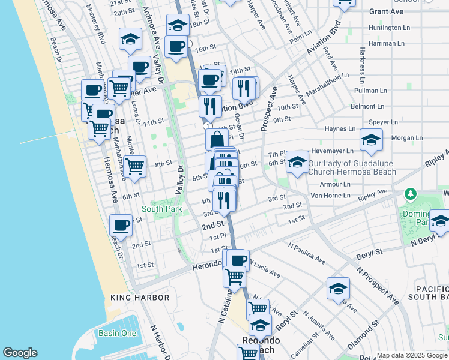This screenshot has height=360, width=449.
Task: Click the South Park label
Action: pyautogui.click(x=161, y=209)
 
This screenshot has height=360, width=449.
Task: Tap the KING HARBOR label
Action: pyautogui.click(x=140, y=298)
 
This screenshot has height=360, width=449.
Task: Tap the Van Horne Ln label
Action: pyautogui.click(x=330, y=196)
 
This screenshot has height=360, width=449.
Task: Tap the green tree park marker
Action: pyautogui.click(x=411, y=194)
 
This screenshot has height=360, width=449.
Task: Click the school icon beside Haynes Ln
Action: pyautogui.click(x=371, y=140)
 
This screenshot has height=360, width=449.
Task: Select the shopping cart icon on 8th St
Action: pyautogui.click(x=135, y=166)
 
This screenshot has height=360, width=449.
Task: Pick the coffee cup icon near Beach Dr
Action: pyautogui.click(x=121, y=226)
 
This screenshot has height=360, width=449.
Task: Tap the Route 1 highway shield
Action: pyautogui.click(x=206, y=127)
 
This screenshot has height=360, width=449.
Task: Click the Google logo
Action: pyautogui.click(x=20, y=353)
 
